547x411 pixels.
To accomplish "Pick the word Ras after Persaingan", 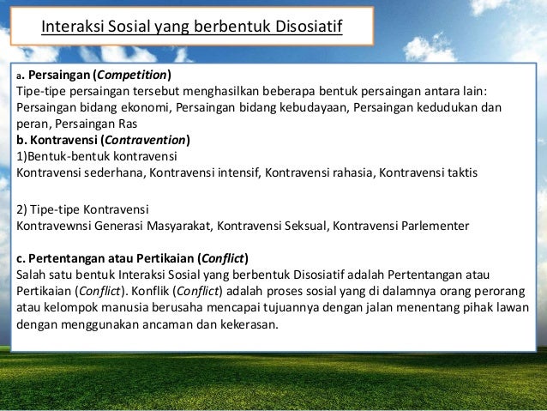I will point(112,124).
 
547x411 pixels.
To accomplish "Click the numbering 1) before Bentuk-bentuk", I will point(23,156).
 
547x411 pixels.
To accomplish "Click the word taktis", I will point(459,172).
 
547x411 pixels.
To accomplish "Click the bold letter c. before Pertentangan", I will point(21,259).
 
